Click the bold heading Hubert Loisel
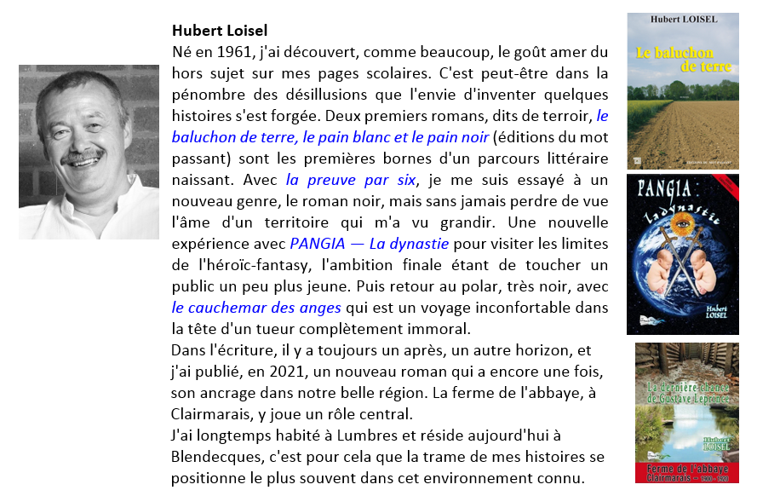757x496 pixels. coord(220,32)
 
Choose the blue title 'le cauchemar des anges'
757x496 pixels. coord(256,308)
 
